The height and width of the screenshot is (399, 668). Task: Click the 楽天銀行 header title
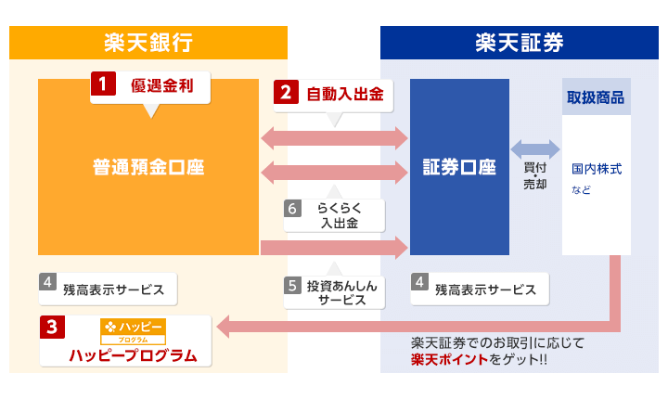point(148,43)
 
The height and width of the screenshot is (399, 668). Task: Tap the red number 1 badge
point(101,84)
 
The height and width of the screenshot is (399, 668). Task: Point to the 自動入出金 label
point(344,93)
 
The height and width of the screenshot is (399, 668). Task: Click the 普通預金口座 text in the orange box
point(148,167)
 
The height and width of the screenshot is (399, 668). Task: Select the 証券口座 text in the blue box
point(459,168)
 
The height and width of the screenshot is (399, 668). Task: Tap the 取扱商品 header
point(596,97)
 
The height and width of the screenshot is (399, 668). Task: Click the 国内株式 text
point(597,170)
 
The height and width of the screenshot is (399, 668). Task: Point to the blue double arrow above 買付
point(535,148)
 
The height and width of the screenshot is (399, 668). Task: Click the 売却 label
point(535,184)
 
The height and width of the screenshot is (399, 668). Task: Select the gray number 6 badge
point(293,209)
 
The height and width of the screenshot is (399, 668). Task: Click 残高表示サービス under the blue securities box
point(485,290)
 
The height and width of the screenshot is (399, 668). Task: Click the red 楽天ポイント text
point(448,358)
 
